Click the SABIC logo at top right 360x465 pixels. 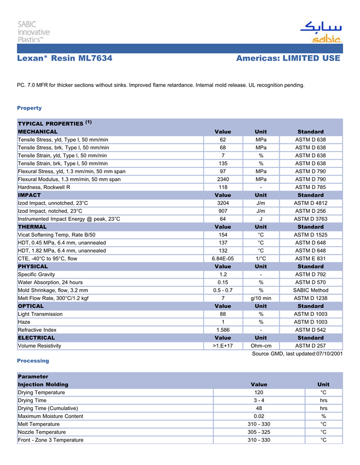point(320,32)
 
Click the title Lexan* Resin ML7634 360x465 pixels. point(65,58)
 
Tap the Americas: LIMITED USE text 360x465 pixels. point(288,58)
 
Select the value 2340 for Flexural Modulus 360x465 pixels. point(223,179)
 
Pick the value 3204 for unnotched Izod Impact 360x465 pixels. point(223,203)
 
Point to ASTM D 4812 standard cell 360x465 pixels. point(310,203)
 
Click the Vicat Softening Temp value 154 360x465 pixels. point(223,235)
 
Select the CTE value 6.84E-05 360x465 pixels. point(223,258)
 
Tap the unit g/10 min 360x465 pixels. point(261,298)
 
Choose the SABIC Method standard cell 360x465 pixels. point(310,290)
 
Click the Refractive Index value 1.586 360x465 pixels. point(223,330)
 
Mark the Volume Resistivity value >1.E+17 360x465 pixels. point(223,346)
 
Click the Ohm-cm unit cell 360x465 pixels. point(261,346)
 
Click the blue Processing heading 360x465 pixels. point(33,361)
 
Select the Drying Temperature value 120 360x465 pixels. point(259,393)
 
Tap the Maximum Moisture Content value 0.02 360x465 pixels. point(259,416)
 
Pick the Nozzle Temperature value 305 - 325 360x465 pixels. point(259,432)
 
